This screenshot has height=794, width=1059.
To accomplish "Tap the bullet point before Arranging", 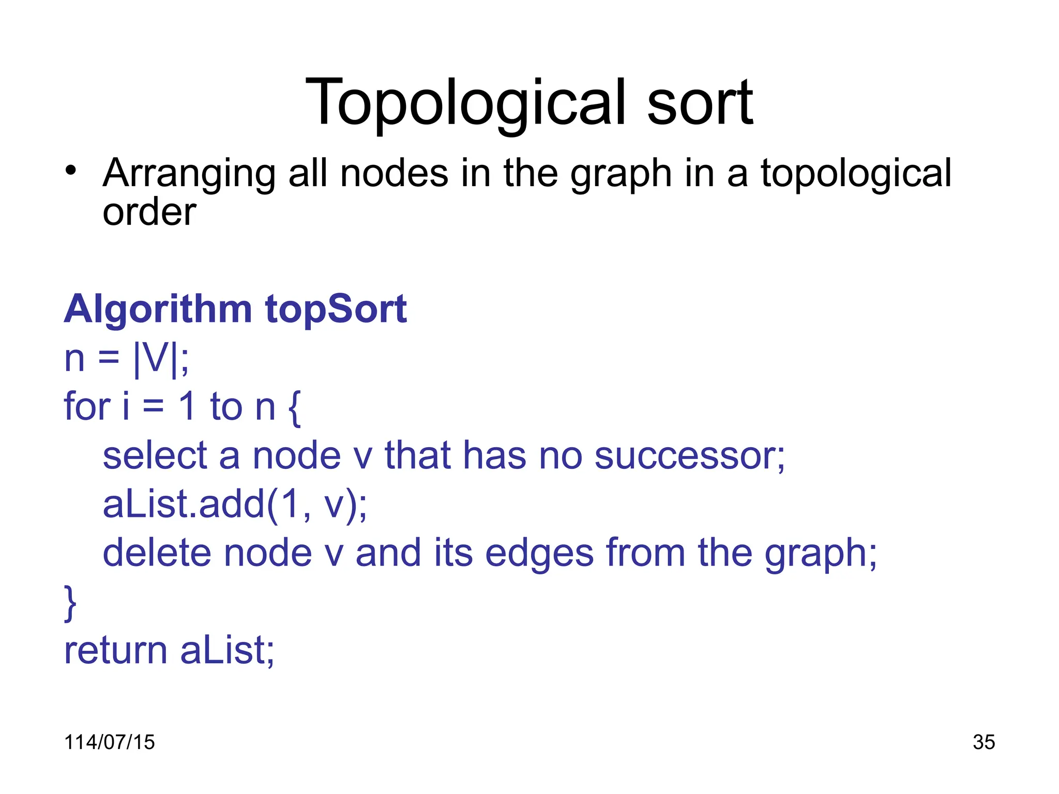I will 71,171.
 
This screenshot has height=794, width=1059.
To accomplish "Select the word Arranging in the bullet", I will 189,174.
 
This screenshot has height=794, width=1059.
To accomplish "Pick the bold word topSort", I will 336,310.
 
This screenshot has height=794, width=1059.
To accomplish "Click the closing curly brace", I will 70,603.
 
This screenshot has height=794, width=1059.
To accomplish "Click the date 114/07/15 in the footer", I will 109,742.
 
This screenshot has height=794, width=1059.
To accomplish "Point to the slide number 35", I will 984,742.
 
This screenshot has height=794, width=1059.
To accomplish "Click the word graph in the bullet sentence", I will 621,174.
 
